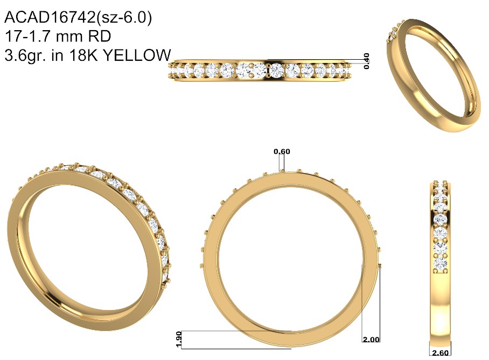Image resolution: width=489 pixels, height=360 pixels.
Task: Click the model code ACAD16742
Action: click(x=50, y=17)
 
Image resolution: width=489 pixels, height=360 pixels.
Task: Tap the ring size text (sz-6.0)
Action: click(x=124, y=18)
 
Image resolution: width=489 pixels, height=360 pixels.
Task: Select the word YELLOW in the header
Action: click(x=137, y=55)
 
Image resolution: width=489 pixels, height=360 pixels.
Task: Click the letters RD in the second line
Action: click(x=100, y=37)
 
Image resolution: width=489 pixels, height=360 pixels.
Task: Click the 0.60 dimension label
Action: click(x=282, y=152)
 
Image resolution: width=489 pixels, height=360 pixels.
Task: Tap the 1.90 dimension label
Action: click(x=179, y=339)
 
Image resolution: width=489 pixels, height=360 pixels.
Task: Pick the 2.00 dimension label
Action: click(x=371, y=340)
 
